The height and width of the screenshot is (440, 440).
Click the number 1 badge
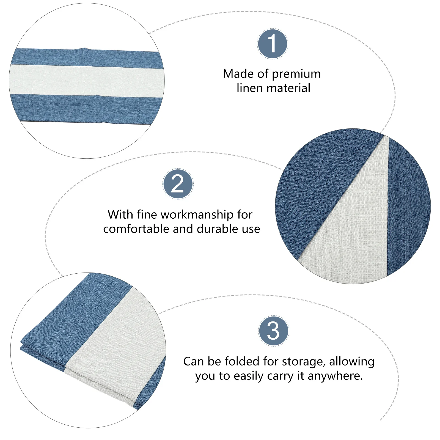(x=273, y=44)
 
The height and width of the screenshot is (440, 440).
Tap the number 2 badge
(x=178, y=184)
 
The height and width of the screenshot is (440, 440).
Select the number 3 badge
(x=274, y=331)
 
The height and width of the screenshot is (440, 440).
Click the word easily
(x=249, y=376)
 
